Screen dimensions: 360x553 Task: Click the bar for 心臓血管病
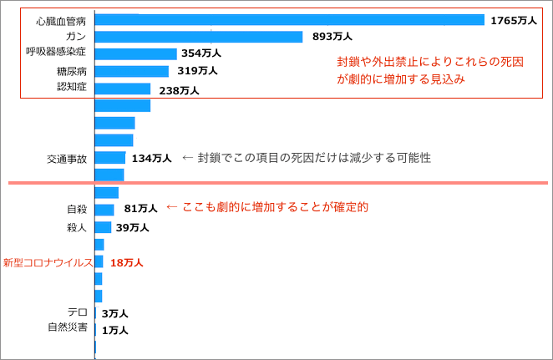point(290,19)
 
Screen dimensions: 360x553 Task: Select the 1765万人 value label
point(513,19)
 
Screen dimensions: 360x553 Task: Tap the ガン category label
point(74,37)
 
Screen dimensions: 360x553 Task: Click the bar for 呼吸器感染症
point(135,53)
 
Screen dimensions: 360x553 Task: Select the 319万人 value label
point(197,71)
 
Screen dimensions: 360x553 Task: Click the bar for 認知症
point(123,89)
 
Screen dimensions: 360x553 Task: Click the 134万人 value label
point(151,158)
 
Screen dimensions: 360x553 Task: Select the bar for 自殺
point(104,210)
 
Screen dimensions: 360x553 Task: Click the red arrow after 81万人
point(172,206)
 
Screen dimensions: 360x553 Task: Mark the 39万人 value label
point(133,227)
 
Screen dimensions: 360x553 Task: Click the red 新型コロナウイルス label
point(47,262)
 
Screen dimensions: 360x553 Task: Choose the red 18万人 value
point(127,262)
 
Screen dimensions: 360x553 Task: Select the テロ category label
point(78,313)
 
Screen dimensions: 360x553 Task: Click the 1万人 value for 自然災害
point(114,331)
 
